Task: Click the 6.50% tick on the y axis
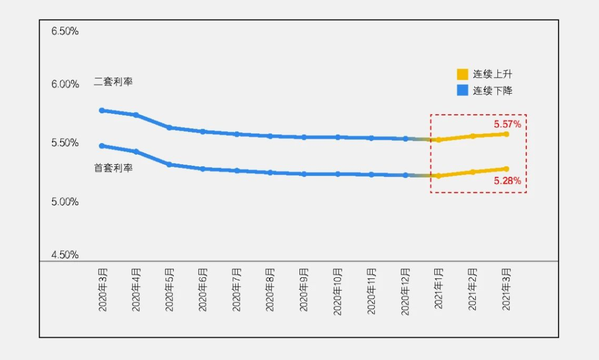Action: (65, 32)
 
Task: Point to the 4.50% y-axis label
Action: (65, 255)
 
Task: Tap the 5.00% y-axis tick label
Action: (65, 202)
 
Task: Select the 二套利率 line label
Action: (113, 82)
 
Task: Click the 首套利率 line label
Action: (113, 168)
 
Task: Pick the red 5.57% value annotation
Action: (507, 124)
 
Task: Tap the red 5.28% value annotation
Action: (507, 180)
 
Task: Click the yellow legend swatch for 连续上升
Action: (463, 74)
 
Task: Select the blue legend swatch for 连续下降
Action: (463, 90)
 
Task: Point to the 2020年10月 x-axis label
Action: (338, 291)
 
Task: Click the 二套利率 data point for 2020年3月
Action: (102, 110)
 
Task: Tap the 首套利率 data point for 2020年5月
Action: (169, 165)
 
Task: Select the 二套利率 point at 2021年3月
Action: (506, 134)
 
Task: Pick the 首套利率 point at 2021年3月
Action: (506, 169)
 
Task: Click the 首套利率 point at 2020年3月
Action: (102, 146)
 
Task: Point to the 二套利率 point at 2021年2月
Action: (473, 136)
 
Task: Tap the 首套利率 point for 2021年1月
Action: (439, 176)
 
